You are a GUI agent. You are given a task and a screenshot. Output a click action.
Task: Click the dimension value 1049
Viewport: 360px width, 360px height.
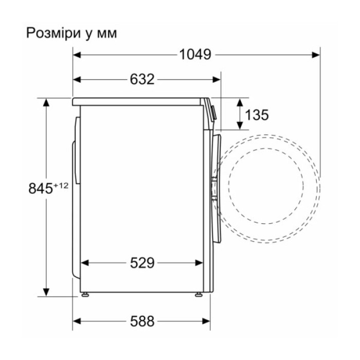195,54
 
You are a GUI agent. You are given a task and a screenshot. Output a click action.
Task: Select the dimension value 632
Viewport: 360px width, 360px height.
142,79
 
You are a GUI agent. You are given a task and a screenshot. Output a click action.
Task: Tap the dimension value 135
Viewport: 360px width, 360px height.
257,115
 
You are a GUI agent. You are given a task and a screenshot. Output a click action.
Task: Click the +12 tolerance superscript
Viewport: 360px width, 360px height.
61,185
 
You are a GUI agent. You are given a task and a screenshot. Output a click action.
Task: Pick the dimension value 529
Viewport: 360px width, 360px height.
142,263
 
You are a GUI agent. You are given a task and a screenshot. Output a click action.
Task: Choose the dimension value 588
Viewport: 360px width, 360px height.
142,321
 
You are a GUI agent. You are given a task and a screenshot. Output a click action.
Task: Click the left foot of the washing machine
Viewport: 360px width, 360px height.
85,295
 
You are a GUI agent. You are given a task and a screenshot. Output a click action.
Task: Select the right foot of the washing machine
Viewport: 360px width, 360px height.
198,295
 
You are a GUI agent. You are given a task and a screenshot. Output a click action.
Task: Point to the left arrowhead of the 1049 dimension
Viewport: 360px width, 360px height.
77,54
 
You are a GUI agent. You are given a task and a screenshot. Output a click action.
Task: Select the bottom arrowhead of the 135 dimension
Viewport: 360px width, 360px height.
240,125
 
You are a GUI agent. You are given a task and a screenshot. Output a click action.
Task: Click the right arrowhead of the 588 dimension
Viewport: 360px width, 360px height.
207,321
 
